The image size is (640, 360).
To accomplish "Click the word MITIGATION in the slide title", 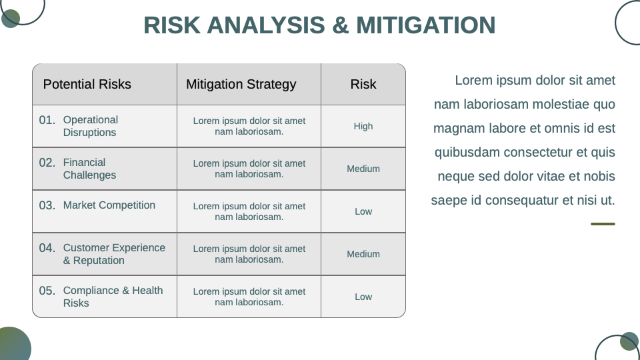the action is [426, 25].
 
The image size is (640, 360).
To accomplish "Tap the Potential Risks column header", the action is [87, 84].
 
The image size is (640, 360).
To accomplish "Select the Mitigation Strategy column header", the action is [241, 85].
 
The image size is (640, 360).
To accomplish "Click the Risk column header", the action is [363, 84].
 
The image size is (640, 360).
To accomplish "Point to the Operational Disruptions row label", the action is [91, 126].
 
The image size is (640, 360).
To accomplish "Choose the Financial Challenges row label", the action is [89, 169].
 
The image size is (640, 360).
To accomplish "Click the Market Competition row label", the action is [109, 205].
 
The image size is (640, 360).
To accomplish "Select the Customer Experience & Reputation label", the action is [114, 254].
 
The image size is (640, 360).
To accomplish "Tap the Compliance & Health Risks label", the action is [113, 297].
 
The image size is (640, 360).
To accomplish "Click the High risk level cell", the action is [363, 126].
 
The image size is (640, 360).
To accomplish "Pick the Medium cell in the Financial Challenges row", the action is [363, 169].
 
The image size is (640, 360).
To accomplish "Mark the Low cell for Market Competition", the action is [363, 211].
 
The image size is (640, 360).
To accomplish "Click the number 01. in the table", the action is [47, 120].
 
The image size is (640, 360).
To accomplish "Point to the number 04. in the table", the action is [47, 248].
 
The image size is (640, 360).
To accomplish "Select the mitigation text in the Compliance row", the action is [249, 297].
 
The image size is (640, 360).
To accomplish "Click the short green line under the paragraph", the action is [603, 224].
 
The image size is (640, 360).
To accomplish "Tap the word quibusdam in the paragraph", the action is [467, 152].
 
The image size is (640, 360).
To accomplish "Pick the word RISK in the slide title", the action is [172, 25].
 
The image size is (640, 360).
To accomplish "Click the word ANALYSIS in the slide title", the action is [266, 25].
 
